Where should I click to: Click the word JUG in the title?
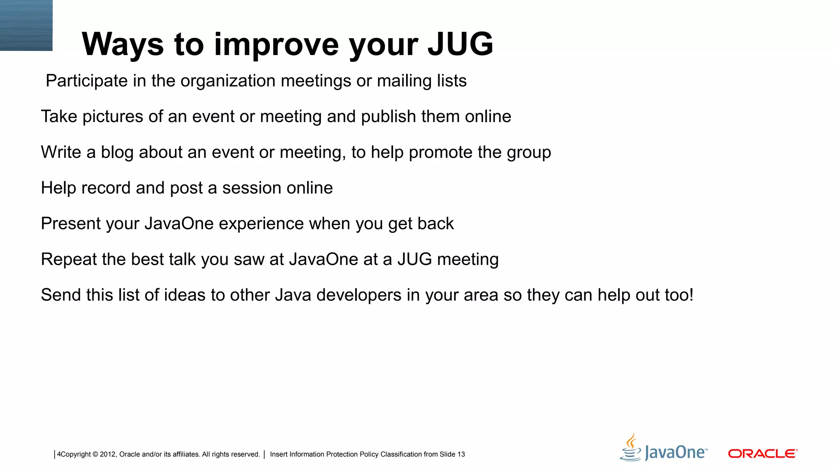(x=460, y=44)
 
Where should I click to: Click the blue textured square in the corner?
(x=26, y=25)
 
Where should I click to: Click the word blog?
(x=117, y=153)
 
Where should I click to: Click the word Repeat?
(x=68, y=259)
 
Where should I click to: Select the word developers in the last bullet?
(x=358, y=295)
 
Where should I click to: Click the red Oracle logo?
(x=762, y=454)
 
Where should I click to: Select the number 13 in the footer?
(x=461, y=454)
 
